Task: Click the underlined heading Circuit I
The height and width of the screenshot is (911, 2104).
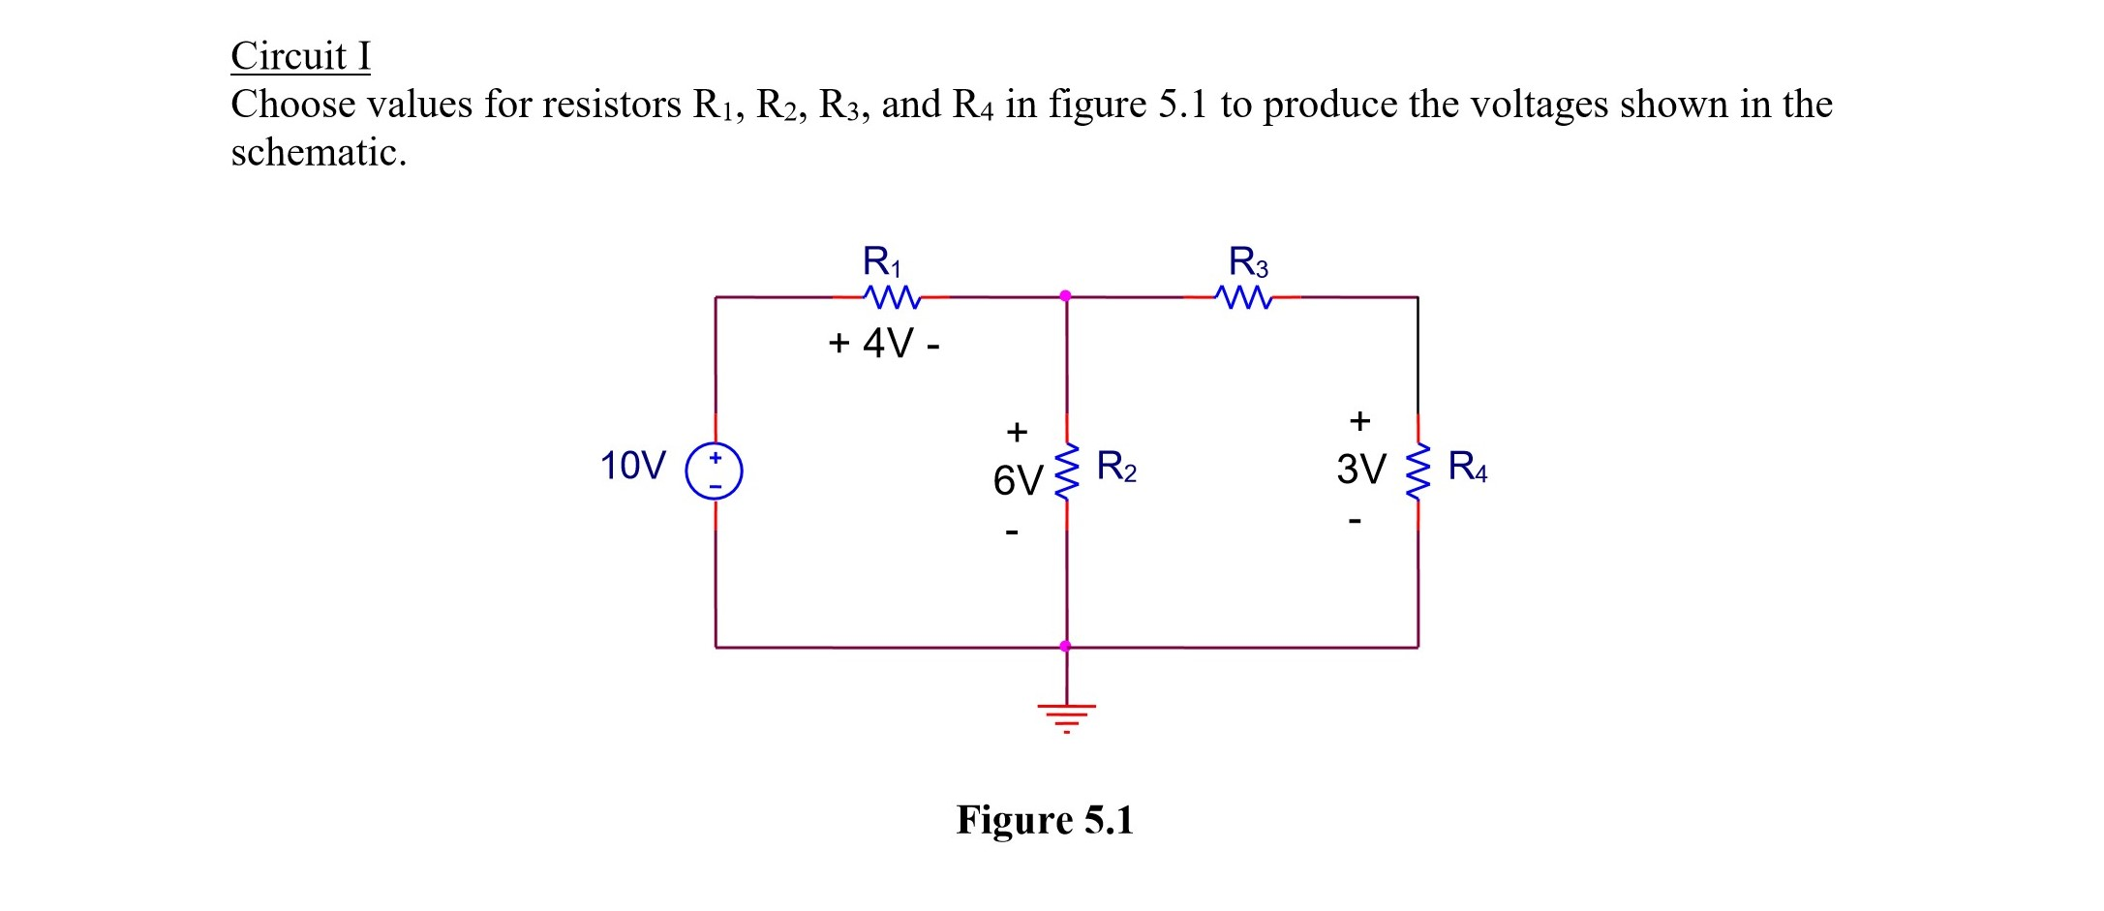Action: click(x=300, y=55)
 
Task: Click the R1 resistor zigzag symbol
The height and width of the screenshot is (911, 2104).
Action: click(x=892, y=296)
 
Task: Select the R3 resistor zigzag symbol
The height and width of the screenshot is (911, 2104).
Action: click(x=1243, y=297)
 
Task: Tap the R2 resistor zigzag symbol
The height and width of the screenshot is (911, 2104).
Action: click(x=1066, y=471)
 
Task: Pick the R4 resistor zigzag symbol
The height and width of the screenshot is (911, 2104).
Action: click(x=1418, y=471)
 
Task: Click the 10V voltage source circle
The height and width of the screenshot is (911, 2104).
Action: click(x=715, y=471)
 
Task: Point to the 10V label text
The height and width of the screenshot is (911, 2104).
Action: click(x=632, y=466)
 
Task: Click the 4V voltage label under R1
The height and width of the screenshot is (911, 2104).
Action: click(x=887, y=344)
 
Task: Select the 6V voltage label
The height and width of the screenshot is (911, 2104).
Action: click(x=1017, y=480)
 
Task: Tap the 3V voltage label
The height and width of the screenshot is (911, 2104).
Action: click(x=1360, y=470)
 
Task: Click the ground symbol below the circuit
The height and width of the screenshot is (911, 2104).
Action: click(x=1066, y=716)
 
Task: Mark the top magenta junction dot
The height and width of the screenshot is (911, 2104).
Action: click(x=1065, y=295)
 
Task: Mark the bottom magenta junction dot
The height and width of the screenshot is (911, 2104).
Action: click(x=1065, y=646)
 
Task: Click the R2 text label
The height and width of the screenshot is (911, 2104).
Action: click(x=1116, y=467)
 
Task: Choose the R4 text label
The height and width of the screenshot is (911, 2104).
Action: click(x=1467, y=467)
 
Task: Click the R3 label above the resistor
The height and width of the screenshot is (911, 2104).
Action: click(x=1248, y=261)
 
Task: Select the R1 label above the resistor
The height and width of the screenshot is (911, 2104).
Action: click(x=881, y=261)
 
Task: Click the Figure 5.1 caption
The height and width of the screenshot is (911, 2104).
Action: click(x=1044, y=820)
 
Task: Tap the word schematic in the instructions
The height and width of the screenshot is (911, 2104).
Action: click(x=317, y=153)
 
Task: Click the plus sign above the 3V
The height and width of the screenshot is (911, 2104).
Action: click(x=1359, y=420)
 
